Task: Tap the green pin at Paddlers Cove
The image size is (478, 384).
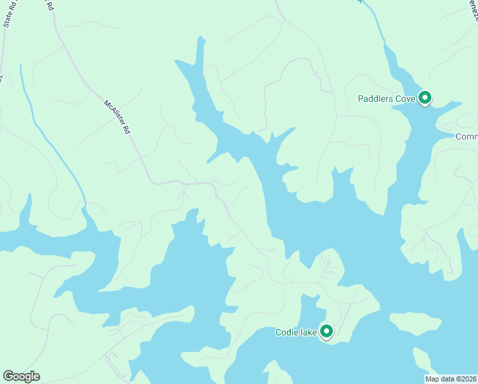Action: [x=425, y=98]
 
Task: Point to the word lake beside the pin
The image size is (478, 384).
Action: [x=308, y=332]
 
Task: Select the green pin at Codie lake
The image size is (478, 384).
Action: [x=327, y=331]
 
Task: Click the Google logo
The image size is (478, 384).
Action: [x=21, y=376]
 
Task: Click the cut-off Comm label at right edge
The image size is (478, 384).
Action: [x=466, y=136]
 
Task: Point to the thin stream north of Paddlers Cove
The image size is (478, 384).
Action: [x=377, y=26]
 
